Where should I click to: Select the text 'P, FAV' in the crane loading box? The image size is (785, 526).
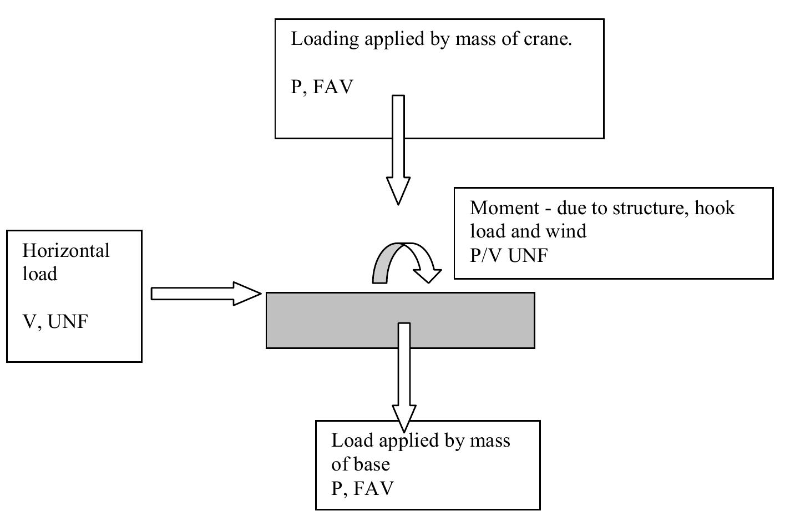coord(322,87)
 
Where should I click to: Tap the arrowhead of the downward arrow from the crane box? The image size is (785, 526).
coord(398,191)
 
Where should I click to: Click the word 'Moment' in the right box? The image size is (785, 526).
coord(504,208)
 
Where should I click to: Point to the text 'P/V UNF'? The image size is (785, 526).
coord(509,255)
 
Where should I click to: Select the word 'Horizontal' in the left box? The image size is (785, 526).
coord(66,251)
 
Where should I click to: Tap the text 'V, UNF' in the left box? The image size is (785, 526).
coord(55,321)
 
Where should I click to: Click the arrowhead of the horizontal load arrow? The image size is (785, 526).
coord(246,294)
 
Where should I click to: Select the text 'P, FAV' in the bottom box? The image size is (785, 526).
coord(362,488)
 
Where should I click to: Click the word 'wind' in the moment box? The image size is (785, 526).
coord(568,231)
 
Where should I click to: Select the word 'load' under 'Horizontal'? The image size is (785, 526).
coord(39,274)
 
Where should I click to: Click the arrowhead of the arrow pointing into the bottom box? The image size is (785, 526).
coord(404,417)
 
